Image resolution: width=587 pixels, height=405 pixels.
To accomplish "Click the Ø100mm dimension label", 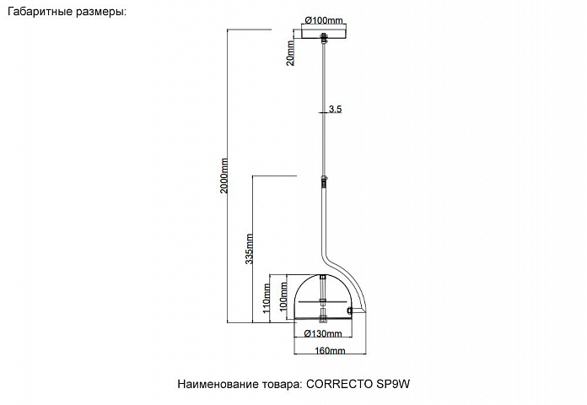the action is [x=324, y=20].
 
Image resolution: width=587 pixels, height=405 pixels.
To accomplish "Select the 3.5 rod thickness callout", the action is [x=335, y=109].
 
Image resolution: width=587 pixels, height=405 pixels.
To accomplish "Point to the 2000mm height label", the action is [x=223, y=175].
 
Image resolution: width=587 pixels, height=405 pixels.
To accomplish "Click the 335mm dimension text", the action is [x=250, y=249].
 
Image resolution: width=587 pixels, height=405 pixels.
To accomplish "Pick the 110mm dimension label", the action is [x=267, y=298].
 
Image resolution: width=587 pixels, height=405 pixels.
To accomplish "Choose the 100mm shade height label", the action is [x=283, y=295].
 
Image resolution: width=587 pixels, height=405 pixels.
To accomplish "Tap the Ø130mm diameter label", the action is [x=323, y=333].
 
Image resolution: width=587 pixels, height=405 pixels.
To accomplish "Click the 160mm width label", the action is [x=330, y=351].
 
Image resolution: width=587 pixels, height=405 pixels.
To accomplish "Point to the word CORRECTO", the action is [x=339, y=385].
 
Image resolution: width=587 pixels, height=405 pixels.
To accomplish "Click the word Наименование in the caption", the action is [x=215, y=385].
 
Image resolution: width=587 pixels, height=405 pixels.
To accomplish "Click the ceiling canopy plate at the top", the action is [x=324, y=34].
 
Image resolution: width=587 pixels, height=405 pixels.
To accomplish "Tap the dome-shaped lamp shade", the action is [x=323, y=298].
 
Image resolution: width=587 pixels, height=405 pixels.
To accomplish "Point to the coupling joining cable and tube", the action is [x=324, y=183].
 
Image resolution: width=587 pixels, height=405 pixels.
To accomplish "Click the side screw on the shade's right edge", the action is [x=350, y=310].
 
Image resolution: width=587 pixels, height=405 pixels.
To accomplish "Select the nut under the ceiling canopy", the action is [x=324, y=38].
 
